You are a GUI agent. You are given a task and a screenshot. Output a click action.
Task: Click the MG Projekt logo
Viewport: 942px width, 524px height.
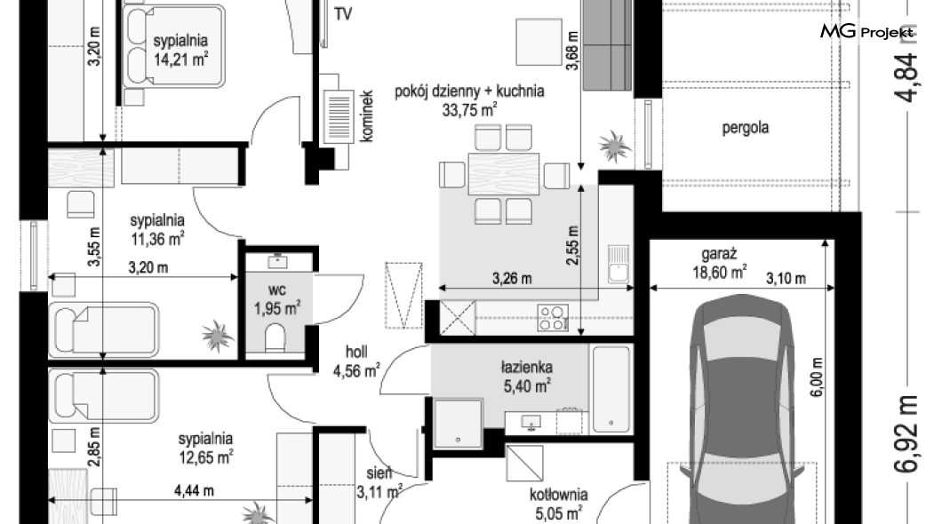(x=866, y=31)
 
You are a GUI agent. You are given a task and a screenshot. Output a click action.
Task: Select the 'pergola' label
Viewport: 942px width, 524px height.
(x=745, y=128)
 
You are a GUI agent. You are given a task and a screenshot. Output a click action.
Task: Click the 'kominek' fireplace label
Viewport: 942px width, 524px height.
(x=366, y=116)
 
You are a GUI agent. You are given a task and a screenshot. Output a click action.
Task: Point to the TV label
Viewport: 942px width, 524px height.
(x=342, y=14)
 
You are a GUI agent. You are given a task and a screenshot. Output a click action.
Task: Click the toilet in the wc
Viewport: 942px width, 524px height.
(x=275, y=338)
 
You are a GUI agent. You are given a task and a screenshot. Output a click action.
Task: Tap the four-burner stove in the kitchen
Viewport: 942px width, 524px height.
(x=553, y=318)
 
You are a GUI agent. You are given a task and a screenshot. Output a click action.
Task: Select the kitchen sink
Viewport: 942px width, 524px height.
(x=619, y=264)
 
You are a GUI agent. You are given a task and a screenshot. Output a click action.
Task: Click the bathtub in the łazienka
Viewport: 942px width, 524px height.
(x=611, y=388)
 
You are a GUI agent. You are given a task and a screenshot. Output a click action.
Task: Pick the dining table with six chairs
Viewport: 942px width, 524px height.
(x=504, y=175)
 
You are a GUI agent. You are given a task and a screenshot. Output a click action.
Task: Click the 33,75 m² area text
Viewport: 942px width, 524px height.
(x=469, y=110)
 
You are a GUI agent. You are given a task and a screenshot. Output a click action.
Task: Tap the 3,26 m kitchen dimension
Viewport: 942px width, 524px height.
(x=512, y=279)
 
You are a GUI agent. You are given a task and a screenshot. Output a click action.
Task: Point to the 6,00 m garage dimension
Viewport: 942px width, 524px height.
(x=817, y=377)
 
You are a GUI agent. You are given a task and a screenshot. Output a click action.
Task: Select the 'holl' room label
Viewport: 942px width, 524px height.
(x=356, y=352)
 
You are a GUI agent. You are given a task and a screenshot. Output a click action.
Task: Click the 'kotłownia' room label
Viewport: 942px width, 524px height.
(x=559, y=495)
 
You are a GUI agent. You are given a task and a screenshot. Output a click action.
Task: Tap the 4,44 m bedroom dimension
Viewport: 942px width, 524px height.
(x=194, y=491)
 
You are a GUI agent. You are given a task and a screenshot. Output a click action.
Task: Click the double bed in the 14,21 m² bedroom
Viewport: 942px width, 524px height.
(x=174, y=46)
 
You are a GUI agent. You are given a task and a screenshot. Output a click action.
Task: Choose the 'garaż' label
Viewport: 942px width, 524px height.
(x=719, y=255)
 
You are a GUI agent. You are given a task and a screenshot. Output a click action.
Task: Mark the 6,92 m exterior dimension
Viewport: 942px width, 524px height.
(x=907, y=433)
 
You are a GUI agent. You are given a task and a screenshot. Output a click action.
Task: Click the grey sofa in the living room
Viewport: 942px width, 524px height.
(x=607, y=45)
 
